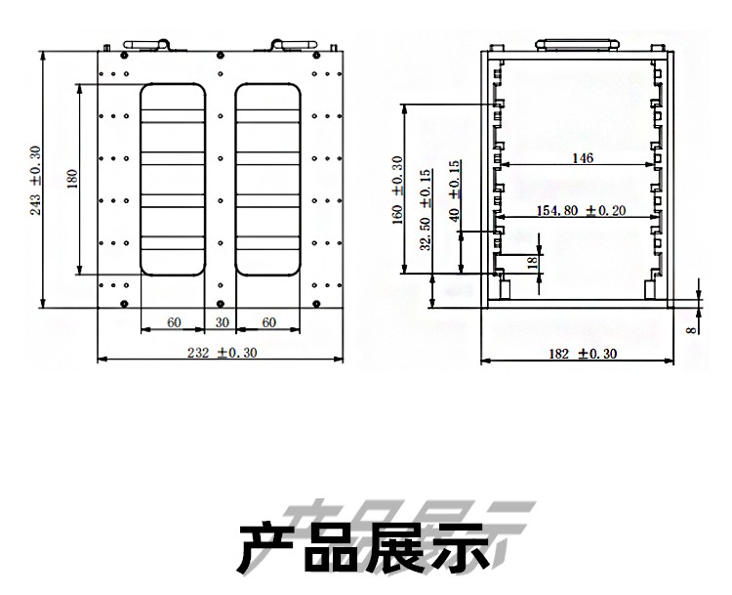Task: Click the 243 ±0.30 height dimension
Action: (x=36, y=180)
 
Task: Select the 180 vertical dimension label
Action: (x=71, y=180)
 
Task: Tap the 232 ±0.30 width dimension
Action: (x=223, y=354)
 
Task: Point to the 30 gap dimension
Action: (x=222, y=322)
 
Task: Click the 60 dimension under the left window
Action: (x=174, y=322)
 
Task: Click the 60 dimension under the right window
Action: (x=269, y=322)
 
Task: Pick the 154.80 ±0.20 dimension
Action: (x=581, y=210)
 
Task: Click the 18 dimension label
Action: (x=531, y=262)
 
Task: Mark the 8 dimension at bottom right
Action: (x=691, y=329)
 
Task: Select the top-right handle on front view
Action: (x=294, y=44)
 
